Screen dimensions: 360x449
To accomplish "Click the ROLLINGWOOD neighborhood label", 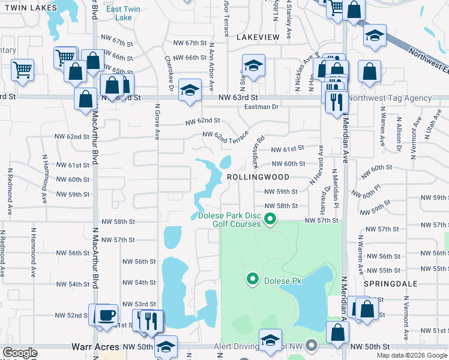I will point(258,178).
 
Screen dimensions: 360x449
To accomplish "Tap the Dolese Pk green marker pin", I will point(253,278).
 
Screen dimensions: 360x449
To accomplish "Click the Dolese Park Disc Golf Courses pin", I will point(270,219).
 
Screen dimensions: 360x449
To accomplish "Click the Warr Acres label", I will point(95,347).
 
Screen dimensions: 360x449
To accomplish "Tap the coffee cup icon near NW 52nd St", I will point(107,314).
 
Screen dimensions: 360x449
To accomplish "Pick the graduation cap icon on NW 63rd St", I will point(190,91).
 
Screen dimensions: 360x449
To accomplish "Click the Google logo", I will point(20,353).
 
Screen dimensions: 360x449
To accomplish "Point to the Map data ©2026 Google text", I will point(411,355).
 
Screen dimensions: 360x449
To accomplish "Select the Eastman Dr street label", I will point(262,107).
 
